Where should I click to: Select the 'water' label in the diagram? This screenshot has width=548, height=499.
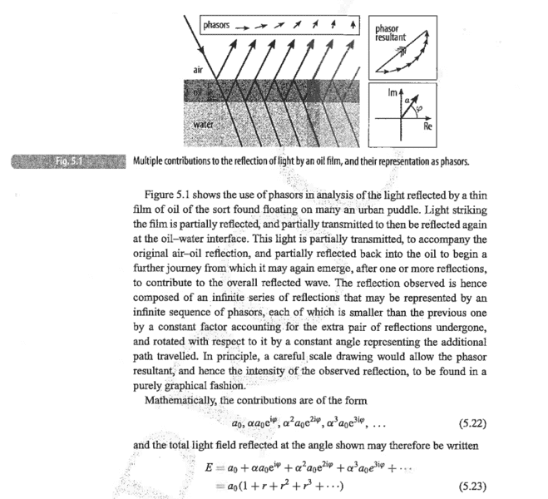[x=205, y=126]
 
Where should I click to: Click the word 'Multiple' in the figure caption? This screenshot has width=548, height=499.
[x=151, y=159]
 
